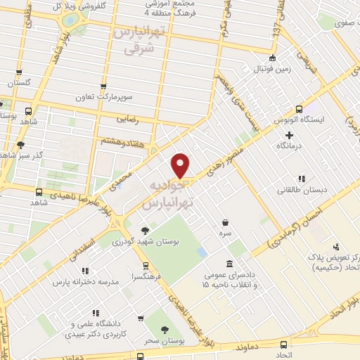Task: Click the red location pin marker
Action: point(181,165)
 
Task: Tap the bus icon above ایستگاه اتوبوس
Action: point(300,109)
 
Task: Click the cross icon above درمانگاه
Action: point(289,134)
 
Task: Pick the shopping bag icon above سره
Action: point(224,221)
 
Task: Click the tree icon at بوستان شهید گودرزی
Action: point(145,229)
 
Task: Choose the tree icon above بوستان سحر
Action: point(165,329)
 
